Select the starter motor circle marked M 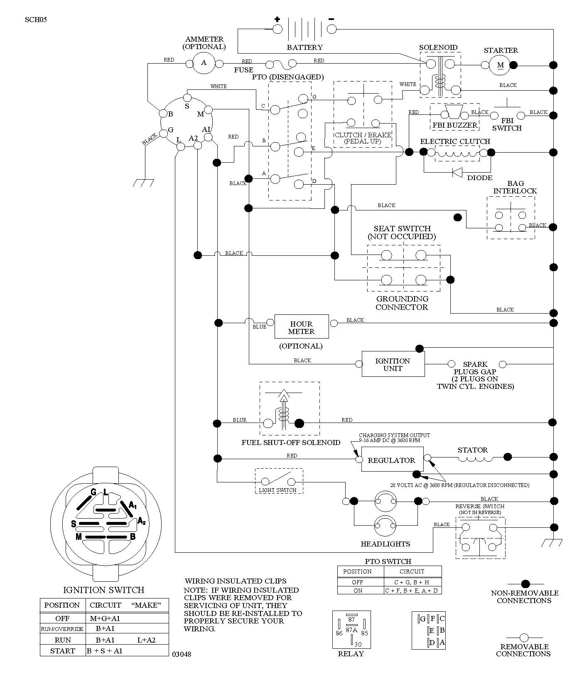pos(501,65)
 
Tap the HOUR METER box pos(302,327)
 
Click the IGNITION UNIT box pos(393,364)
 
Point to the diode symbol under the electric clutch pos(457,171)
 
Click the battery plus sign pos(277,19)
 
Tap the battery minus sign pos(331,19)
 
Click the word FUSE pos(243,70)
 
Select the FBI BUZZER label pos(455,125)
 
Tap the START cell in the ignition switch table pos(62,651)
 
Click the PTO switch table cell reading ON pos(358,590)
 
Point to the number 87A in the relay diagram pos(351,630)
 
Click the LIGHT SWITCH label pos(277,490)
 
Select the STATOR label pos(473,450)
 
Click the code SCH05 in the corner pos(36,19)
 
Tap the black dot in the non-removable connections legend pos(525,584)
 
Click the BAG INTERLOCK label pos(515,187)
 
